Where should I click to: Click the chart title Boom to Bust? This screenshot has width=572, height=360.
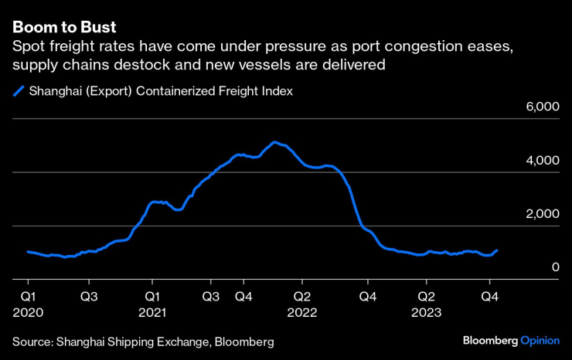point(63,29)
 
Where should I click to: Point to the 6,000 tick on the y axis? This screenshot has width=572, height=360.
point(543,107)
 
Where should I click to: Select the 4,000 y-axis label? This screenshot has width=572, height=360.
point(543,161)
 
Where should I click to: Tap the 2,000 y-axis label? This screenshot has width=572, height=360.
point(543,214)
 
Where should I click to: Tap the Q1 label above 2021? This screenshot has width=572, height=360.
point(153,296)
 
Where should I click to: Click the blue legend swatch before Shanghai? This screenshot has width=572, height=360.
point(18,91)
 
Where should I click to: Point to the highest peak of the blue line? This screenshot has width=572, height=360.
point(274,142)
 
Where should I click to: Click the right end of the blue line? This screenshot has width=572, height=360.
point(497,250)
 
